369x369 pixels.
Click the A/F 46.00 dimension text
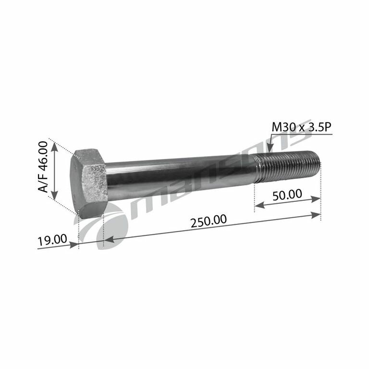pos(43,168)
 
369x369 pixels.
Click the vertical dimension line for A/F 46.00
pos(55,171)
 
